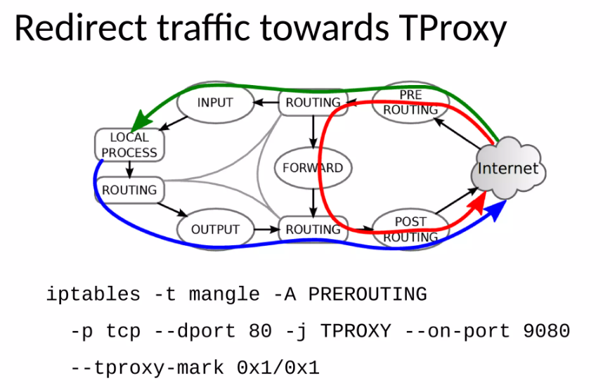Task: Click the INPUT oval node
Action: click(x=215, y=103)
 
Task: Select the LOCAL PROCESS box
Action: click(x=129, y=145)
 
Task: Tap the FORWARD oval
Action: click(x=313, y=168)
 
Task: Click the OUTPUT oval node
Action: click(x=215, y=229)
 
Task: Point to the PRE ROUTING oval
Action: click(x=410, y=103)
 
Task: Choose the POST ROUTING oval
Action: click(x=410, y=229)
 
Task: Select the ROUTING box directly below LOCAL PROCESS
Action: click(x=129, y=190)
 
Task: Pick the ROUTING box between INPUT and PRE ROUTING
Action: click(x=313, y=103)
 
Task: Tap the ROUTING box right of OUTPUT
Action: click(x=313, y=229)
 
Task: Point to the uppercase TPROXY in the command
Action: click(x=356, y=330)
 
